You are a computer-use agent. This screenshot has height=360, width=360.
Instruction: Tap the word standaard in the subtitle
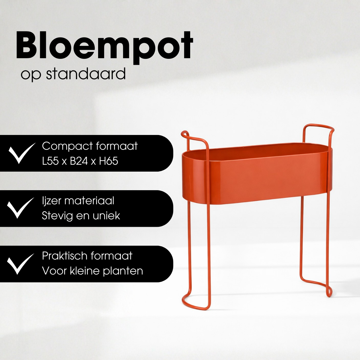[x=86, y=74]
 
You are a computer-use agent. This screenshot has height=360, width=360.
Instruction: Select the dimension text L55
[x=50, y=161]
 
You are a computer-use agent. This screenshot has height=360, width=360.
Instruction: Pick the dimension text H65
[x=109, y=161]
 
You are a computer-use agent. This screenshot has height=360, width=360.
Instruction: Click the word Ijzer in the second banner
[x=51, y=201]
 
